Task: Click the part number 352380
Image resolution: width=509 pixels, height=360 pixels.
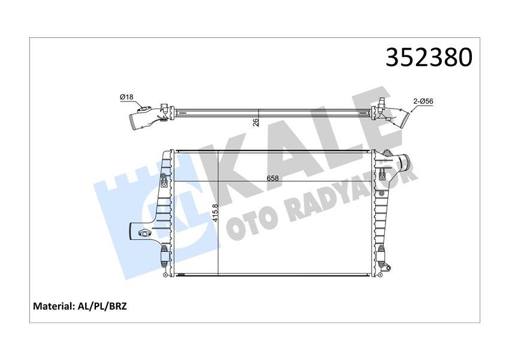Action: [429, 57]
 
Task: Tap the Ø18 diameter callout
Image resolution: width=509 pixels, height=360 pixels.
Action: [126, 97]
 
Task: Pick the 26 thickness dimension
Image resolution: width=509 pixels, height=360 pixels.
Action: [255, 122]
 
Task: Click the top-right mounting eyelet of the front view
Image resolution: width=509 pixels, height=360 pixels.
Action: [386, 154]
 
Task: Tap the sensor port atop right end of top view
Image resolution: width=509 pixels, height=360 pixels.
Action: [382, 96]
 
